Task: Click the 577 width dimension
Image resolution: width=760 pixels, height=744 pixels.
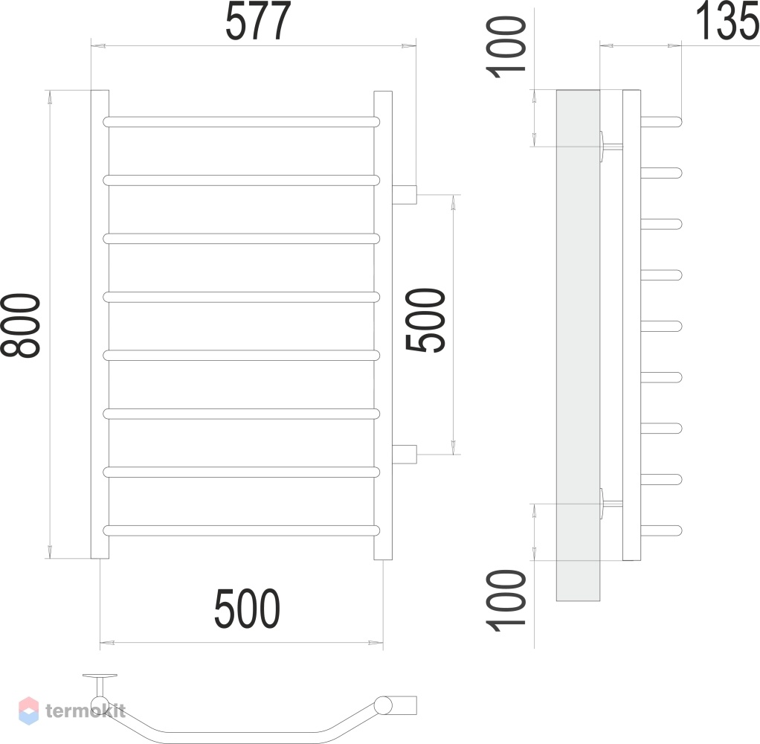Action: tap(258, 21)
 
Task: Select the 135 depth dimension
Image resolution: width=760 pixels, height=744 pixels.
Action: tap(727, 21)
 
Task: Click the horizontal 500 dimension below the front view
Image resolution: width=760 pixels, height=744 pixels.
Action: tap(247, 609)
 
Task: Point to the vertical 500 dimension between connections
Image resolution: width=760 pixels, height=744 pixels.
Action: tap(425, 320)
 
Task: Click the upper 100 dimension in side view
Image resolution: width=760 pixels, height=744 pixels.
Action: tap(506, 47)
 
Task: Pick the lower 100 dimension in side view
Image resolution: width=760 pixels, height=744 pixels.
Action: tap(506, 601)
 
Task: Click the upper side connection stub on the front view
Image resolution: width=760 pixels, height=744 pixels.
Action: tap(405, 194)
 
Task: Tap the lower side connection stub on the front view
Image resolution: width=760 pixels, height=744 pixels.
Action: tap(405, 455)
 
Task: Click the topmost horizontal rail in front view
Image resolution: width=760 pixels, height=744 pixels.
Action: tap(242, 122)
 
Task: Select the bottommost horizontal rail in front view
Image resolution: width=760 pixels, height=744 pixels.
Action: tap(242, 530)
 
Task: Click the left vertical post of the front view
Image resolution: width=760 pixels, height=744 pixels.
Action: tap(100, 324)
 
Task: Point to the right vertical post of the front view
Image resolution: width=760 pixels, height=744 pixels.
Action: tap(383, 325)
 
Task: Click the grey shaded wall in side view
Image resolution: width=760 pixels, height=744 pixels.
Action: tap(578, 345)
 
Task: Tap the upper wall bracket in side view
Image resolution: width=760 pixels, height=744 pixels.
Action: tap(611, 146)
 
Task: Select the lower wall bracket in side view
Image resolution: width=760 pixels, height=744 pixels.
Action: tap(611, 504)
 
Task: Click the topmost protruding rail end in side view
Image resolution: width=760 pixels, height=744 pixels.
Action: tap(662, 122)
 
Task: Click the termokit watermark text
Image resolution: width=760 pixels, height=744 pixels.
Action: tap(86, 711)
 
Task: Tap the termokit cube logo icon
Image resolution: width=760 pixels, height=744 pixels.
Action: tap(28, 711)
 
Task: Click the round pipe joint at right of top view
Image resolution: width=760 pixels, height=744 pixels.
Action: tap(384, 705)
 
